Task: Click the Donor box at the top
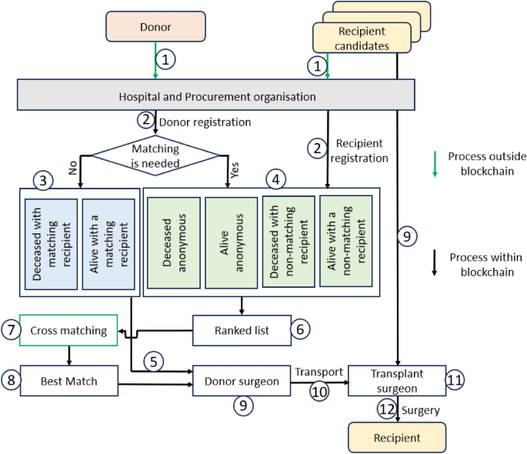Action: [156, 26]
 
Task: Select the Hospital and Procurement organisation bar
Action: [206, 97]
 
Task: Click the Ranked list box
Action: [242, 329]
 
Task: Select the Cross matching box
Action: [68, 330]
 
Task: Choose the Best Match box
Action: [69, 380]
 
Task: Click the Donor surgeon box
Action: [242, 380]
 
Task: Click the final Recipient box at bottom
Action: [397, 437]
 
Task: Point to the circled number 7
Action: [10, 330]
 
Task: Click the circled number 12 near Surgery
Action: [388, 410]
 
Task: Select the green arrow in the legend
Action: [435, 164]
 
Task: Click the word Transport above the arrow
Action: [318, 372]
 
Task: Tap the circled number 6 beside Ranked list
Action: [301, 329]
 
